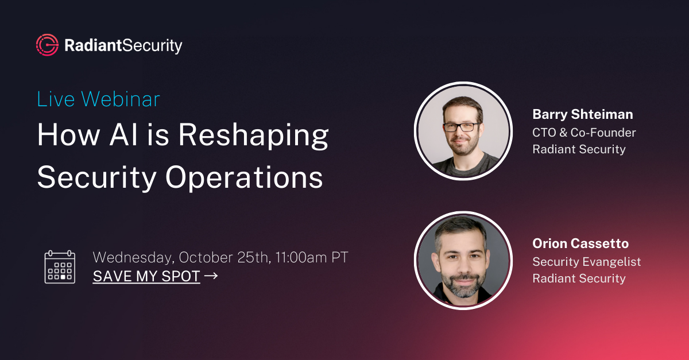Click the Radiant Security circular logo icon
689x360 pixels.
[47, 45]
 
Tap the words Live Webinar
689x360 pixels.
[98, 99]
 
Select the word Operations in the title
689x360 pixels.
[244, 177]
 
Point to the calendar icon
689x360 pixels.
[60, 266]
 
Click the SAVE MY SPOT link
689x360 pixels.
[146, 276]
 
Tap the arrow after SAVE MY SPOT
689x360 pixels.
[211, 276]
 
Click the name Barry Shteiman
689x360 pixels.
[583, 114]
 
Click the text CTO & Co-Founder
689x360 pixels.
[584, 132]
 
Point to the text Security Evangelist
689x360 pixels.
[586, 262]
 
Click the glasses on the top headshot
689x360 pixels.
[462, 126]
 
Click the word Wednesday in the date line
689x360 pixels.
[132, 257]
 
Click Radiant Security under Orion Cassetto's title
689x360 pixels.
[579, 278]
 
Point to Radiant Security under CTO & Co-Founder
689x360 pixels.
[579, 149]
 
